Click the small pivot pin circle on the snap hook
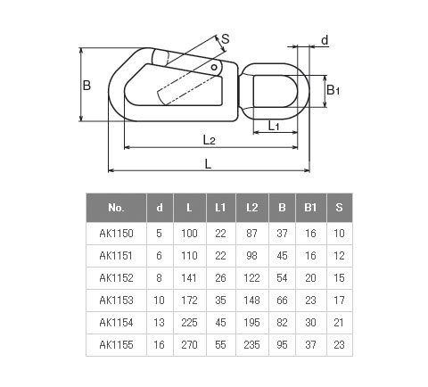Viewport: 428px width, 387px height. (214, 67)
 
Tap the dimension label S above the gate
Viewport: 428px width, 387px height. (226, 39)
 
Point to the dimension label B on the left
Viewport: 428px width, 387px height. (86, 86)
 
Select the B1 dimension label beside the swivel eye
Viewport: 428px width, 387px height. (333, 90)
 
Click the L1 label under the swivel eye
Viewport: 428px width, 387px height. (274, 126)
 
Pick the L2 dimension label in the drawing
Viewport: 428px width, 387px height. (209, 139)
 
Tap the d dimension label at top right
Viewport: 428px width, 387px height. (325, 40)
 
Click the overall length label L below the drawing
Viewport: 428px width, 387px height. (208, 164)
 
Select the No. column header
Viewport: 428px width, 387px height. (116, 208)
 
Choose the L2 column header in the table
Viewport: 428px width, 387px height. (252, 208)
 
